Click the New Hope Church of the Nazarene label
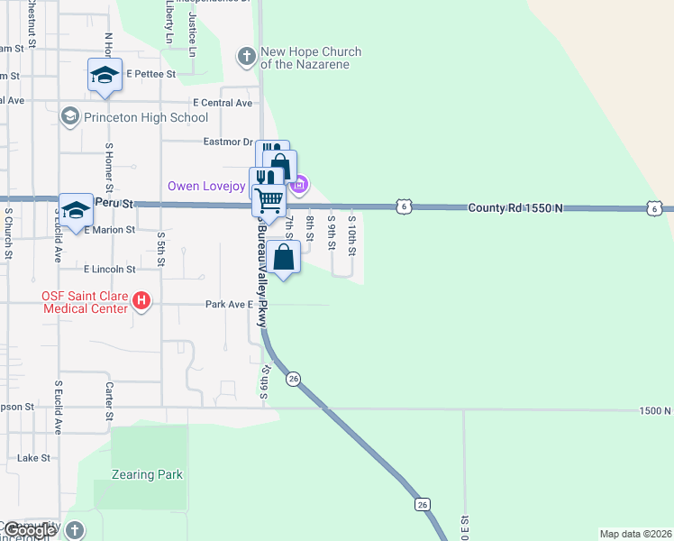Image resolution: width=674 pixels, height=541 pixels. click(311, 58)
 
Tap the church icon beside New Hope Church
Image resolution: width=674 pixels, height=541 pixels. click(246, 57)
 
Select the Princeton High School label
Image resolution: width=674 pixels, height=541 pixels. click(146, 117)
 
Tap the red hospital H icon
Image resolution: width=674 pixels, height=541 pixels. click(141, 300)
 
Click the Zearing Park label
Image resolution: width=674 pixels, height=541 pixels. click(147, 474)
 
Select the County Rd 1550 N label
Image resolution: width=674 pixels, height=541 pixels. click(515, 208)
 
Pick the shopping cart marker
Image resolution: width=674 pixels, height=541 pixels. click(269, 198)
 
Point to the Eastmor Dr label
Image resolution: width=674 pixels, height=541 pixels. click(228, 142)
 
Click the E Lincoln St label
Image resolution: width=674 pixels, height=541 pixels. click(109, 269)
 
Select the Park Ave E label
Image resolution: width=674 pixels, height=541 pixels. click(226, 305)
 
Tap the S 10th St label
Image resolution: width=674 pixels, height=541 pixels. click(351, 233)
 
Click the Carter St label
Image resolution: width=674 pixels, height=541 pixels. click(108, 399)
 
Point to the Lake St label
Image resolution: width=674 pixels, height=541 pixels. click(33, 458)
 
